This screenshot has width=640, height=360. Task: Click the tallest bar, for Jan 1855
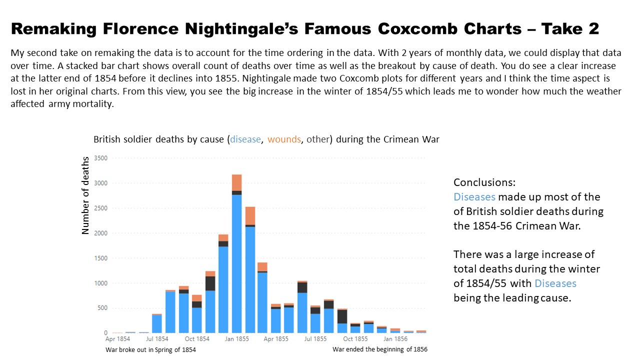click(236, 260)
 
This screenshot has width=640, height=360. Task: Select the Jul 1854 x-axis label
click(157, 339)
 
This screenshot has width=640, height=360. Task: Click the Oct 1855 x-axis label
click(355, 339)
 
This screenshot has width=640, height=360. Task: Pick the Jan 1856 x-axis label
click(395, 339)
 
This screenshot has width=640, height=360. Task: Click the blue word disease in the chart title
click(245, 139)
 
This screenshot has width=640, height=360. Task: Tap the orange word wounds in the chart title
click(284, 139)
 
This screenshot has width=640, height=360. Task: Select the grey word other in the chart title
click(317, 139)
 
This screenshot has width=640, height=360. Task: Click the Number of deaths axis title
click(85, 195)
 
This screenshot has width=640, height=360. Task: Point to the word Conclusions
click(484, 182)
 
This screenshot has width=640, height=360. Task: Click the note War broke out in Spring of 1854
click(150, 350)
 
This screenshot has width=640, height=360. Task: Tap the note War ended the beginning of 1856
click(380, 349)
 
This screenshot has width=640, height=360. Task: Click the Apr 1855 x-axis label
click(276, 339)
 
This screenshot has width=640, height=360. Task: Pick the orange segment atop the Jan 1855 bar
click(236, 182)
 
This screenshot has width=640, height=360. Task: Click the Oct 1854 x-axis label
click(197, 339)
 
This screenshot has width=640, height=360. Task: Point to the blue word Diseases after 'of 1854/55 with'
click(555, 283)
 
